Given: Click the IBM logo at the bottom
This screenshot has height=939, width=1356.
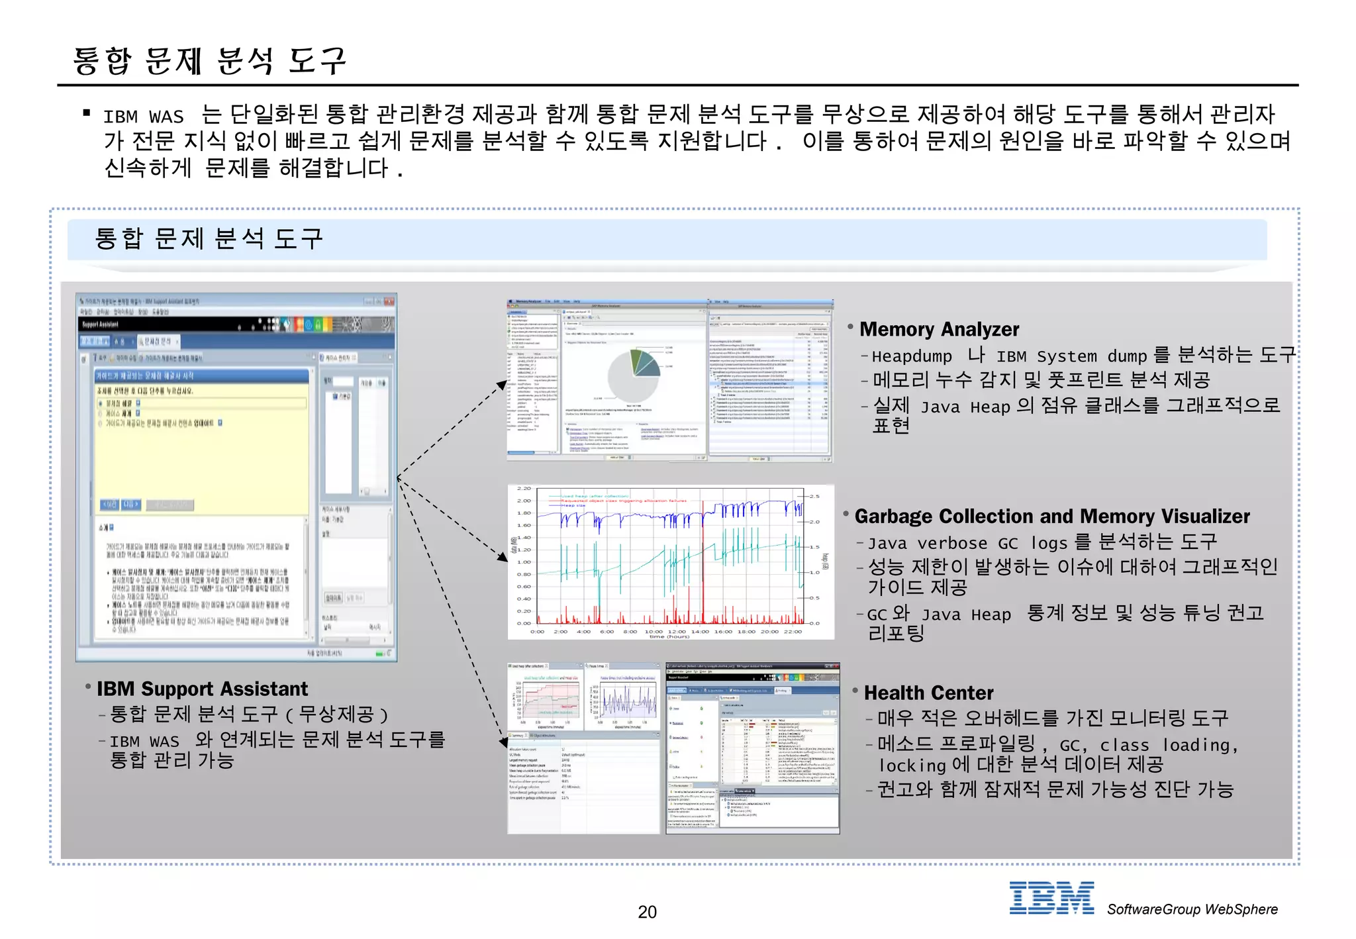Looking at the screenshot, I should coord(1051,898).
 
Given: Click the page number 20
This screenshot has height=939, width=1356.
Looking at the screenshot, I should coord(647,912).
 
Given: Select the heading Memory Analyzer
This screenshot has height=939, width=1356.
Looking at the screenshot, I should coord(939,329).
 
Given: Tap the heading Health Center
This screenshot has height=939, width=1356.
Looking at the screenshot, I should coord(928,693).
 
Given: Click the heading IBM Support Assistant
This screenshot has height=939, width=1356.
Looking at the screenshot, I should coord(202,689).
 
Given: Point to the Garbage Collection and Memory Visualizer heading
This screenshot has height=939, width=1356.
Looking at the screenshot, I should coord(1051,516).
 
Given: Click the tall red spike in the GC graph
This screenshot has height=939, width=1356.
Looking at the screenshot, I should coord(702,563).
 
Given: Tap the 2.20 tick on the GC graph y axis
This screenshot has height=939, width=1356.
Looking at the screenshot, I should coord(524,489).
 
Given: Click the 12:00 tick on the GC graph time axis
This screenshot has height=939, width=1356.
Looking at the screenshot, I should coord(677,631).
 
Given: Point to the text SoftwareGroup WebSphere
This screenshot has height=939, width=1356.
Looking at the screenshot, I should coord(1192,909).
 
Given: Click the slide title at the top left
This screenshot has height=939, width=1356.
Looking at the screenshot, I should coord(209,61).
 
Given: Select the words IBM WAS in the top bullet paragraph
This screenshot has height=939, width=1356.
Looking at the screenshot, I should coord(143,117).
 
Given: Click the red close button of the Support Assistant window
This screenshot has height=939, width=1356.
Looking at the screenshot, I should coord(389,301).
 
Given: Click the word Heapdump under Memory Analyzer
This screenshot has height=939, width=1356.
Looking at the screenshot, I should coord(911,356).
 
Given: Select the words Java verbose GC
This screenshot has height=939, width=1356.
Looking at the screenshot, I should coord(942,543).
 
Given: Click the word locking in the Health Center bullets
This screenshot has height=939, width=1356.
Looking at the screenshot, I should coord(912,766).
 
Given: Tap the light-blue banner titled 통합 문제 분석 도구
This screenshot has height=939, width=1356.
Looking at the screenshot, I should coord(667,239).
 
